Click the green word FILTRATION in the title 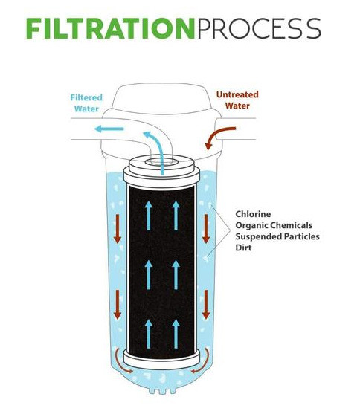point(111,29)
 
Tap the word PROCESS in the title point(259,29)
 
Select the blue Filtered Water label point(86,103)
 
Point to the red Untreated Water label point(237,100)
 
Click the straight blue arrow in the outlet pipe point(109,129)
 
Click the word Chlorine point(253,214)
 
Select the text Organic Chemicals point(274,225)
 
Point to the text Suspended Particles point(277,236)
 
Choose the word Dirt point(243,248)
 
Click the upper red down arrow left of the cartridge point(118,229)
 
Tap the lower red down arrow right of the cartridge point(206,305)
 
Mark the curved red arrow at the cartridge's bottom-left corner point(120,363)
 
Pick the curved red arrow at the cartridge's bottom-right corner point(204,363)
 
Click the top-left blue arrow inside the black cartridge point(149,216)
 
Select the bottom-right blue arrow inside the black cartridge point(176,334)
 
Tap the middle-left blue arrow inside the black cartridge point(149,275)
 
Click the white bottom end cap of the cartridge point(161,360)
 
